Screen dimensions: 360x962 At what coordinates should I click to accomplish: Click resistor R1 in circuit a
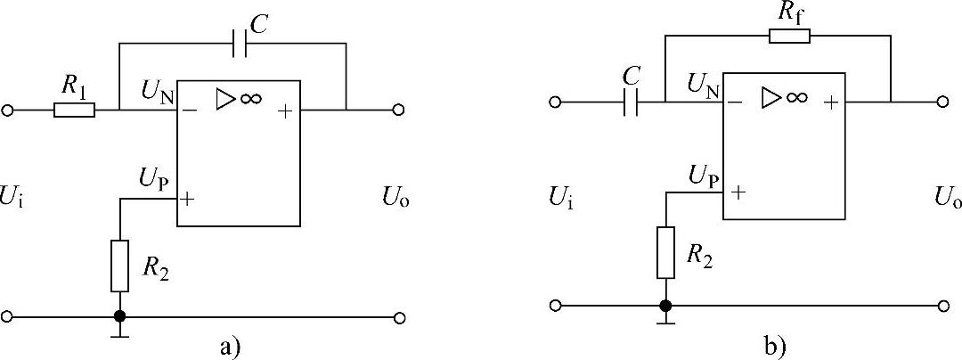pos(75,110)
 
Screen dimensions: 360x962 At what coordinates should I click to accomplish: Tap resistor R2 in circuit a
pos(119,265)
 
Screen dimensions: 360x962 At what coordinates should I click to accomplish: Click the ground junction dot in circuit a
pos(119,316)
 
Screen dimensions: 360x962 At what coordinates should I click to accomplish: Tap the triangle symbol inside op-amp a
pos(224,100)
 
